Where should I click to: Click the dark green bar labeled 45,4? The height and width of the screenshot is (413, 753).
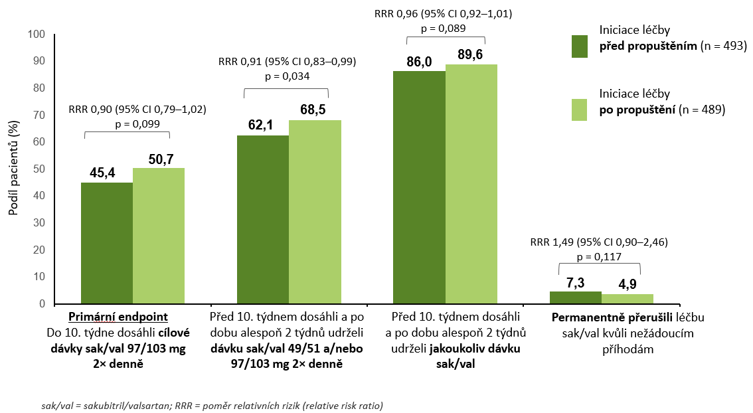coord(107,243)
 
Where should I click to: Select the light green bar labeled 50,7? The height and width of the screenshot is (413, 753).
coord(159,236)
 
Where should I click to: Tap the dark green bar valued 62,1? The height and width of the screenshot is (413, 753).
coord(263,220)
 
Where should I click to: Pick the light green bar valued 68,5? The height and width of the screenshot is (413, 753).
coord(315,212)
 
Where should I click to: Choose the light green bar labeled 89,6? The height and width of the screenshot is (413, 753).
coord(471,184)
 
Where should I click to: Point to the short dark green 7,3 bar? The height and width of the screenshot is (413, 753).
coord(575,297)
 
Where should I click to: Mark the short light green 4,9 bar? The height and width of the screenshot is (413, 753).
coord(627,299)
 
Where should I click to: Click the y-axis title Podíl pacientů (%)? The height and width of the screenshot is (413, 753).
coord(13,169)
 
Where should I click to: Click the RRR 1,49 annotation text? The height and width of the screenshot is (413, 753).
coord(599,242)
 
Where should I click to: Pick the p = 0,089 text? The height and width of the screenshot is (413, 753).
coord(444,28)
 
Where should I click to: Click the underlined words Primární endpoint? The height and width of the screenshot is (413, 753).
coord(115,316)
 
